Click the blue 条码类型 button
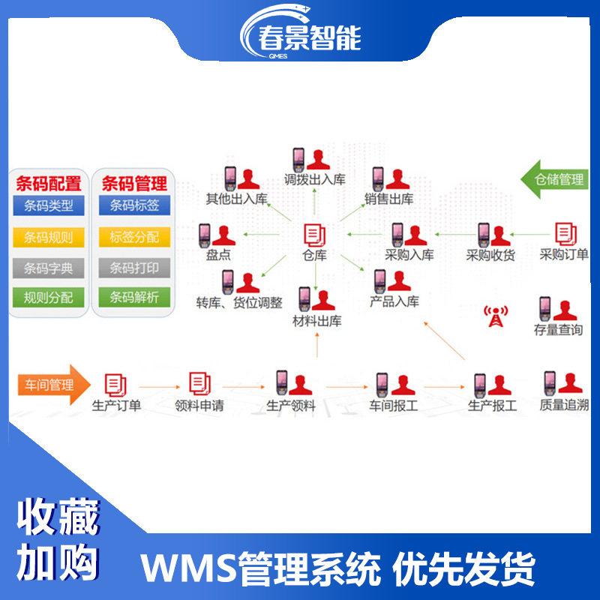(x=49, y=205)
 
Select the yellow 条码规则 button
(x=49, y=238)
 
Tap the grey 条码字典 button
(x=49, y=268)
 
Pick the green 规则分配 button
(x=49, y=298)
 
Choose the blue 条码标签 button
(x=134, y=205)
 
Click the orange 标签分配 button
(x=134, y=238)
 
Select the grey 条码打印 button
(x=134, y=268)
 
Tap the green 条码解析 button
(x=134, y=298)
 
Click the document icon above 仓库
(x=314, y=235)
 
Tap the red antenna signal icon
(x=493, y=315)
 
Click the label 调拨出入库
(x=315, y=180)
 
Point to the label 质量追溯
(x=563, y=406)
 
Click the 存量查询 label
(x=558, y=330)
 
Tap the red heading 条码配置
(x=49, y=182)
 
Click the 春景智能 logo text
(x=309, y=37)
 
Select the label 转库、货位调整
(x=239, y=303)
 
